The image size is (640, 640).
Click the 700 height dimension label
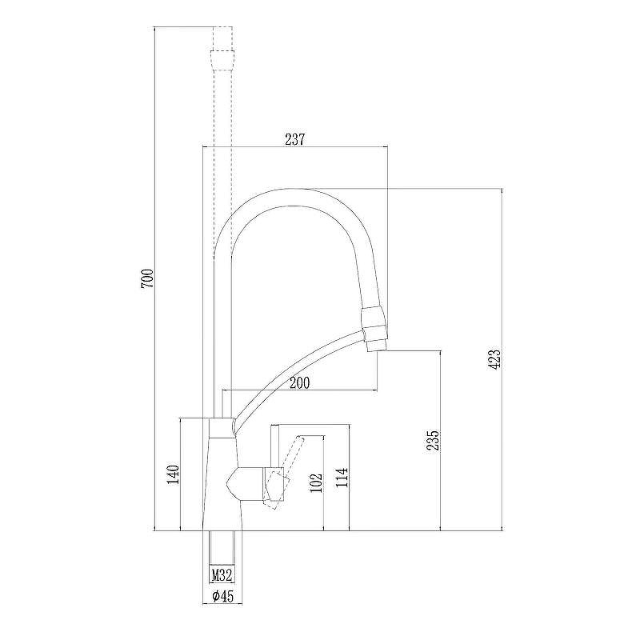[x=146, y=278]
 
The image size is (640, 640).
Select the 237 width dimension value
[x=295, y=139]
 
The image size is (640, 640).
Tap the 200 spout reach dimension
[x=298, y=383]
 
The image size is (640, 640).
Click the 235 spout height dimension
[x=434, y=441]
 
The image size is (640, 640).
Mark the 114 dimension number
[x=342, y=477]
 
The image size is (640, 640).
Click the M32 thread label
[x=222, y=574]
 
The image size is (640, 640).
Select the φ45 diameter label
[x=222, y=595]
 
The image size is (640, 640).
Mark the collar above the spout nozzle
[x=374, y=320]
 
